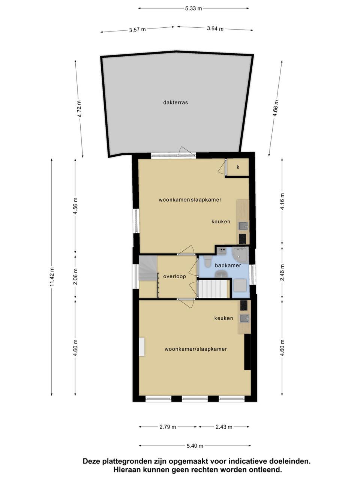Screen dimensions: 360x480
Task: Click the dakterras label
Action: [175, 102]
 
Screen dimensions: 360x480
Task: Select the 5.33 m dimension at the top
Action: [193, 9]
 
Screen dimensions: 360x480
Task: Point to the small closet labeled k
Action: [238, 167]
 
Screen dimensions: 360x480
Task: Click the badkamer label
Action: [228, 265]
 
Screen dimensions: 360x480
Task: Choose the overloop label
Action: [174, 276]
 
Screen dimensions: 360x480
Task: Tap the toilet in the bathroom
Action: [207, 261]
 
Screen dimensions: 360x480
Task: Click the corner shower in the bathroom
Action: [240, 255]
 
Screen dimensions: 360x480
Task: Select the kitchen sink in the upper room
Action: [243, 226]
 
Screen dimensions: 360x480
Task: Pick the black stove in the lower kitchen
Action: [244, 305]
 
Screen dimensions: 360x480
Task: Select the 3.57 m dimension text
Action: [137, 30]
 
